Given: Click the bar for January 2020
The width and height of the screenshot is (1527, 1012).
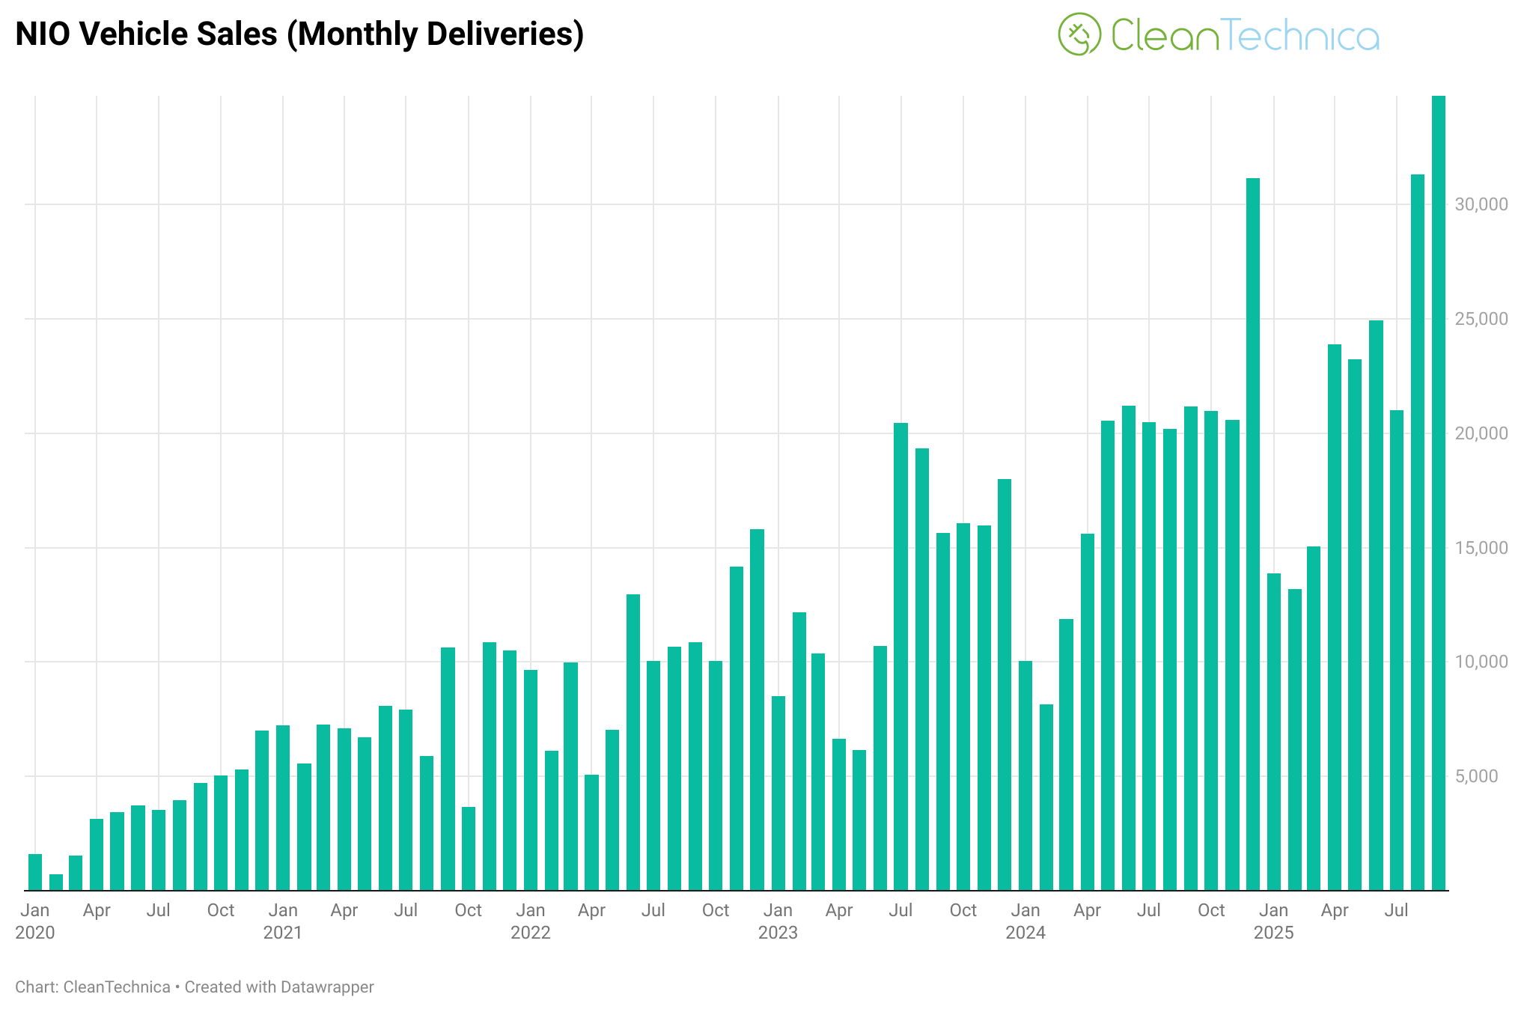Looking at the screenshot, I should pyautogui.click(x=35, y=872).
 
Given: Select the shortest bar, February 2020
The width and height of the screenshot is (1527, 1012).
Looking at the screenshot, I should pyautogui.click(x=56, y=882).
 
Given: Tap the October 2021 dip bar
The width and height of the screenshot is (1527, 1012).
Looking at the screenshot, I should pyautogui.click(x=469, y=849).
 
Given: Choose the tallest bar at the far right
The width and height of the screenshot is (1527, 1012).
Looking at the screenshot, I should pyautogui.click(x=1439, y=493).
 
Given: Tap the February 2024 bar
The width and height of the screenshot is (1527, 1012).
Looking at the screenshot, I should pyautogui.click(x=1046, y=797).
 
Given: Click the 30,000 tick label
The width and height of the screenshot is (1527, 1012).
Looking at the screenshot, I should pyautogui.click(x=1481, y=204).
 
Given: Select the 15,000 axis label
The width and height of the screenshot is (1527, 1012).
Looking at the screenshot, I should pyautogui.click(x=1481, y=548).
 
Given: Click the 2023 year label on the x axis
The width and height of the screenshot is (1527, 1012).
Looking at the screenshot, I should pyautogui.click(x=778, y=933).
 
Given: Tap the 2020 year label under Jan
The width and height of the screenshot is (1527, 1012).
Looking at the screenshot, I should pyautogui.click(x=35, y=933).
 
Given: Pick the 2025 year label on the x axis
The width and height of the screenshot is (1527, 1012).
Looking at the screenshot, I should pyautogui.click(x=1273, y=933).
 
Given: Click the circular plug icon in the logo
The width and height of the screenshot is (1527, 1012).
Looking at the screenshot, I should pyautogui.click(x=1079, y=34).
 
